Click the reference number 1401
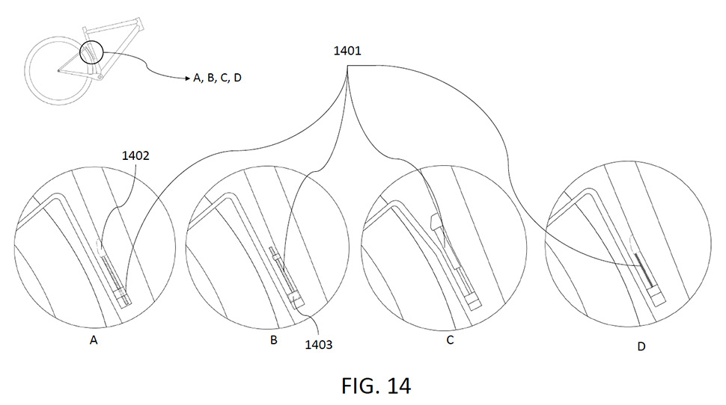[x=347, y=50]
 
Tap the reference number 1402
[x=135, y=156]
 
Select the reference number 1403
[x=319, y=344]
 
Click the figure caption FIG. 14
[x=376, y=386]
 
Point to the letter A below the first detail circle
[x=94, y=340]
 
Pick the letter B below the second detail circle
[x=274, y=340]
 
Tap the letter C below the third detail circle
[x=450, y=341]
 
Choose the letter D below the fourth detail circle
[x=641, y=346]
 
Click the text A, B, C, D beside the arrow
[x=218, y=78]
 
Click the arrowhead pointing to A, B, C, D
[x=188, y=78]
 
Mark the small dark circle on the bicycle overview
[x=91, y=52]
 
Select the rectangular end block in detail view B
[x=296, y=300]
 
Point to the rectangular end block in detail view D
[x=656, y=297]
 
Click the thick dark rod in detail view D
[x=644, y=270]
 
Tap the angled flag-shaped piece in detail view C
[x=437, y=223]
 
